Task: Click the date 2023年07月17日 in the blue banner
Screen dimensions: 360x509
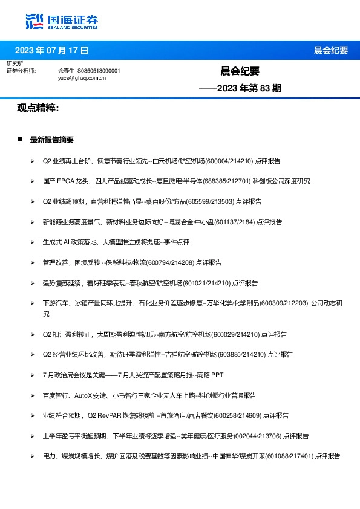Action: click(51, 50)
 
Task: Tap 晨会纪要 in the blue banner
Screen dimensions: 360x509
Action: click(331, 50)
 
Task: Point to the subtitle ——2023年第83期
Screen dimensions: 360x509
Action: click(240, 88)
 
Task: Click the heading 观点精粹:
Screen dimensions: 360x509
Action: click(38, 108)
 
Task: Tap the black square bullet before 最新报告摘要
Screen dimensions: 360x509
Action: click(20, 140)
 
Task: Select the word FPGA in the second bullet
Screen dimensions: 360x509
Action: click(66, 181)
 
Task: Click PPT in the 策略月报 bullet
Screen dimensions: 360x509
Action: click(217, 375)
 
